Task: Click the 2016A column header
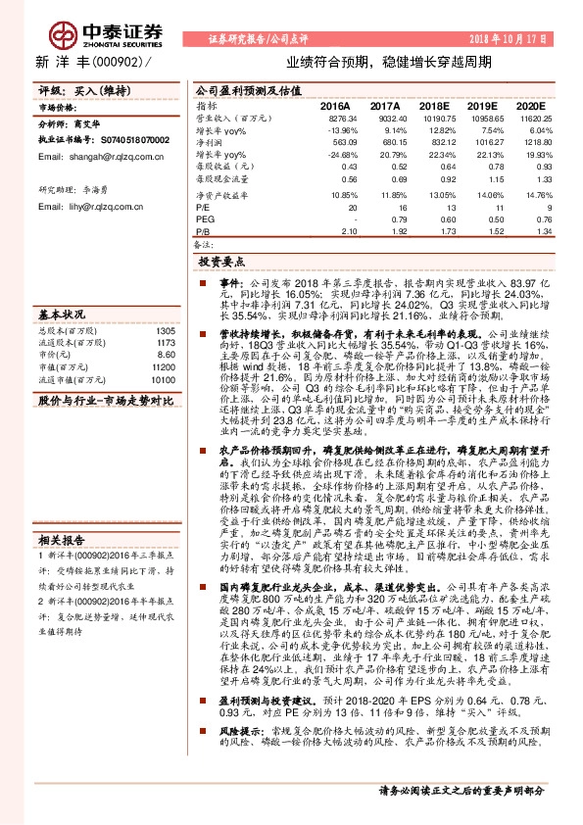[335, 104]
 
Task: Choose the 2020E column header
[529, 104]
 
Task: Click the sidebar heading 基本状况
[62, 315]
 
